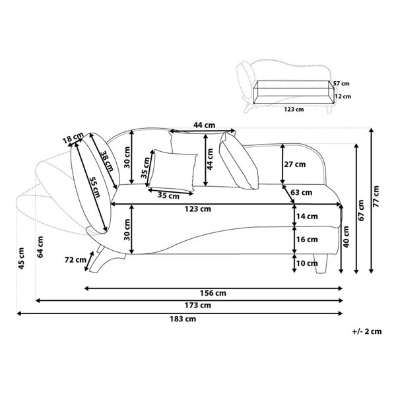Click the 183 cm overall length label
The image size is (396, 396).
(x=183, y=319)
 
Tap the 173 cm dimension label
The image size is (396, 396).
(x=198, y=306)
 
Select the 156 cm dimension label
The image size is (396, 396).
(x=213, y=293)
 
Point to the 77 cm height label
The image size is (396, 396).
(x=376, y=197)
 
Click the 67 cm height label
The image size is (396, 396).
(x=361, y=211)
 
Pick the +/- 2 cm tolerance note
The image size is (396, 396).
(x=367, y=331)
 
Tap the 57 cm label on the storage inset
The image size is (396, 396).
(x=341, y=83)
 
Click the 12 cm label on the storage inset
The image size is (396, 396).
(x=343, y=96)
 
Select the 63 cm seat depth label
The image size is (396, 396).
(x=302, y=193)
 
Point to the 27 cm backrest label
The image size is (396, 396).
(x=295, y=164)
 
